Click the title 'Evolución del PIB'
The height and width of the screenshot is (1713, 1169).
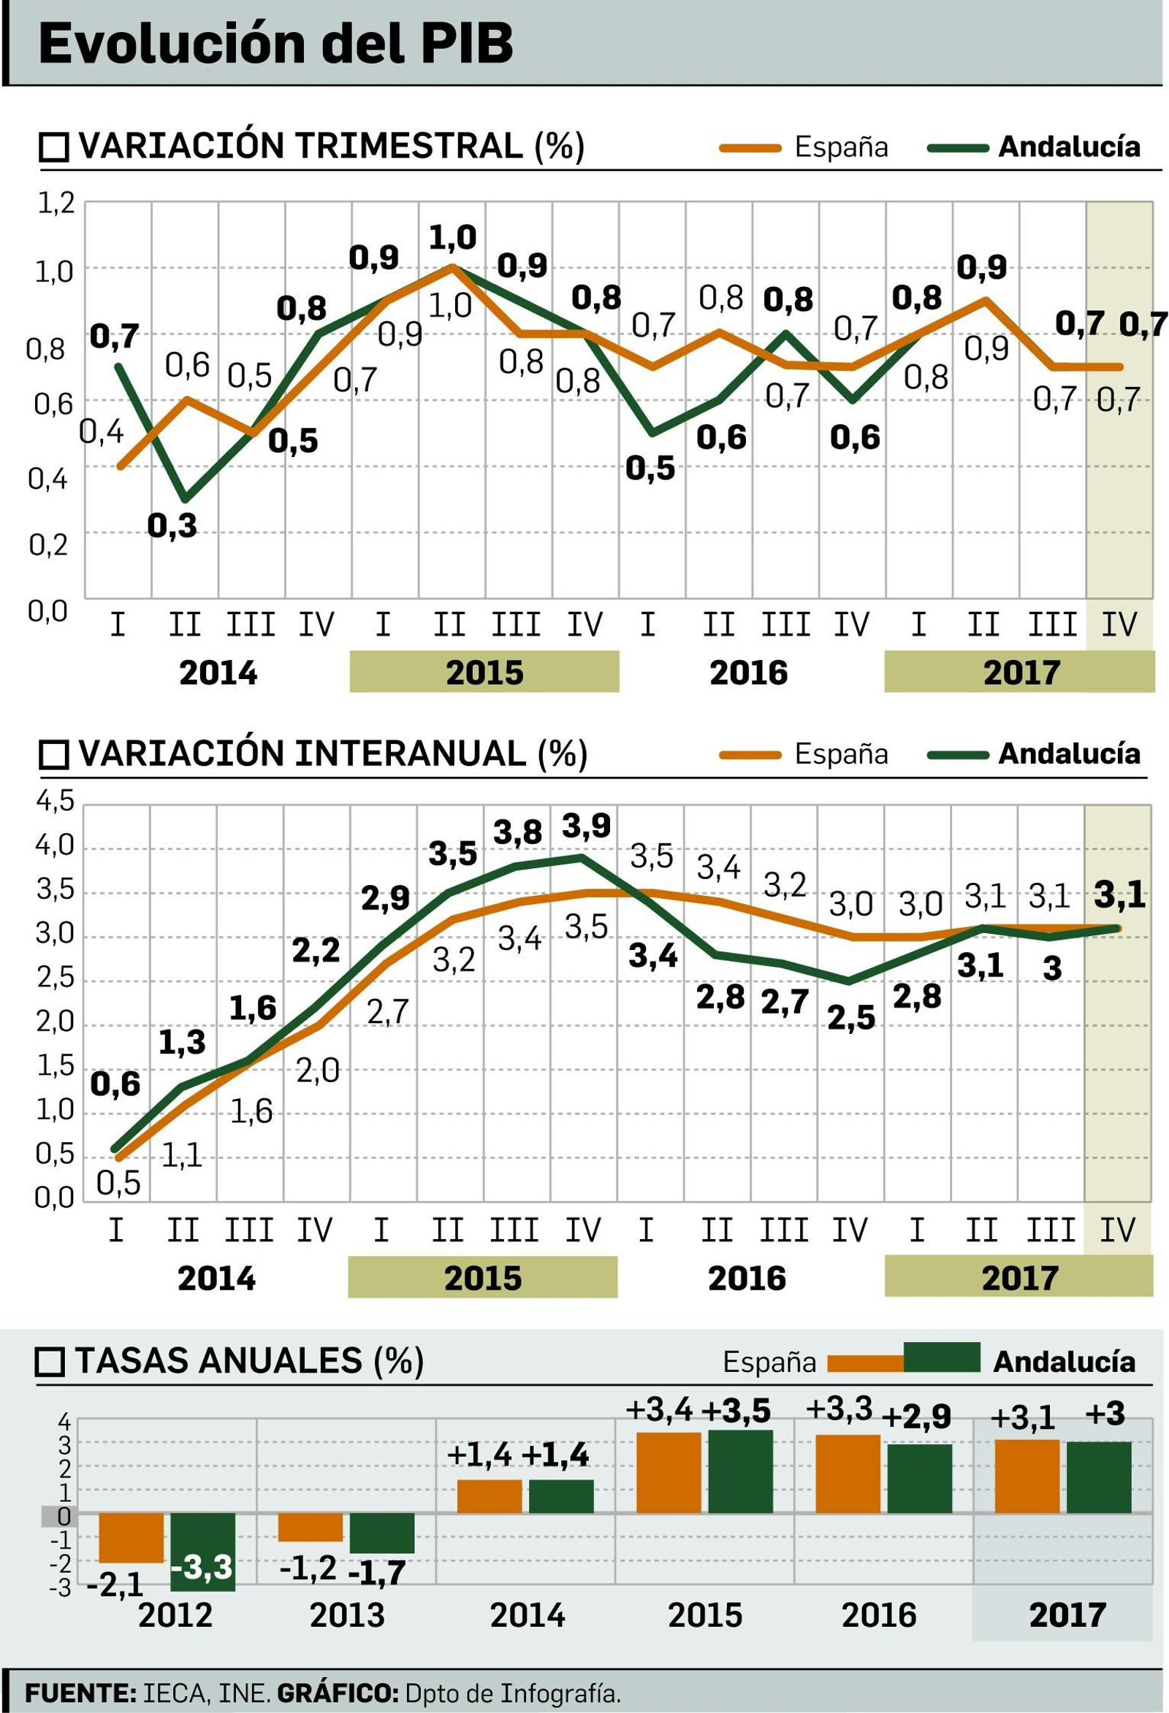click(275, 45)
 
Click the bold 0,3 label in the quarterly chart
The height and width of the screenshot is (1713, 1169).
click(172, 525)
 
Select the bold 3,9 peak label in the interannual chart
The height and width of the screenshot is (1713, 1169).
click(586, 826)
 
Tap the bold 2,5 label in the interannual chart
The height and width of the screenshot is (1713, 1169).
click(850, 1018)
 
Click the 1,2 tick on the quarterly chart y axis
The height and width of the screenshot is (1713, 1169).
click(56, 203)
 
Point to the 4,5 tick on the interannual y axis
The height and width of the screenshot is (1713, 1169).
click(56, 800)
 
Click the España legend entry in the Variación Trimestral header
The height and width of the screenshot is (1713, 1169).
click(840, 147)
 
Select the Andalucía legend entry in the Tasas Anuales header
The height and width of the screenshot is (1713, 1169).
click(1063, 1360)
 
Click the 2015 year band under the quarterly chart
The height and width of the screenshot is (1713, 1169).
click(484, 672)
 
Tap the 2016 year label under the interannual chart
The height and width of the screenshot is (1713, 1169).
click(747, 1278)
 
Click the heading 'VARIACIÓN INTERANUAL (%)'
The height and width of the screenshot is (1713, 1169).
click(332, 754)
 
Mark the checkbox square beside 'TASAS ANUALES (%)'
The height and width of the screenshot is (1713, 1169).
click(51, 1361)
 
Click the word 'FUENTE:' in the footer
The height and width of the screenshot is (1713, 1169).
click(80, 1693)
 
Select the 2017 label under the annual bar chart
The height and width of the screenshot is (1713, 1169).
click(1067, 1615)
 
